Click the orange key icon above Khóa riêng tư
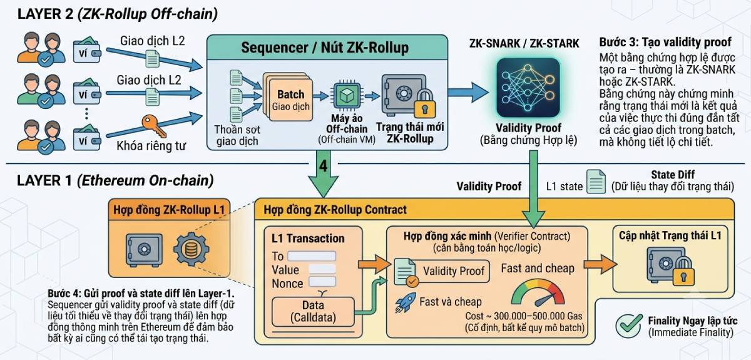tap(153, 125)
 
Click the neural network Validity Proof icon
tap(528, 88)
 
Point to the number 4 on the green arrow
tap(323, 165)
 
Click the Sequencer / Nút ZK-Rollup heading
tap(325, 48)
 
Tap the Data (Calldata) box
tap(313, 311)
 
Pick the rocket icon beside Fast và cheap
tap(405, 302)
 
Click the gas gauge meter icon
tap(538, 292)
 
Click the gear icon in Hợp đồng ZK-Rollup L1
tap(191, 249)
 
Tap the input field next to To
tap(312, 256)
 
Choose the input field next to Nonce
tap(322, 282)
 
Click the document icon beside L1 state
tap(596, 182)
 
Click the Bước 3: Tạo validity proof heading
tap(665, 43)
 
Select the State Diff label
tap(673, 175)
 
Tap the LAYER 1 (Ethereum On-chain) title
tap(115, 180)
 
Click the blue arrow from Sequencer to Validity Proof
tap(468, 92)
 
